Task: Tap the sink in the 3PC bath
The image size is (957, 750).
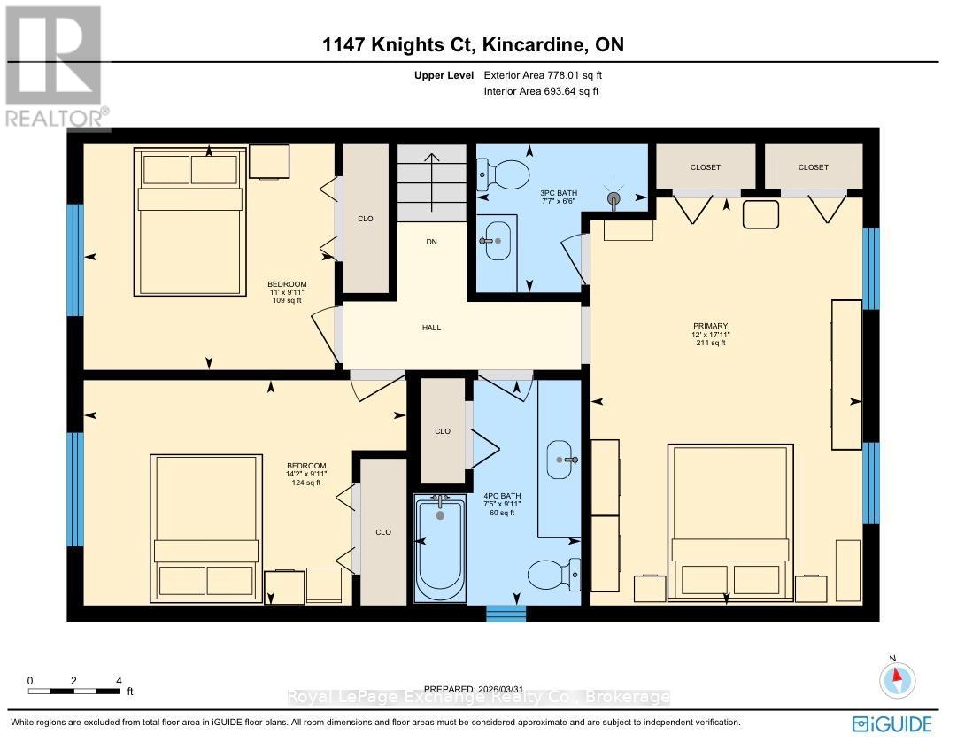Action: [498, 240]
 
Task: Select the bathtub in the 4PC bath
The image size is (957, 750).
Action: [440, 549]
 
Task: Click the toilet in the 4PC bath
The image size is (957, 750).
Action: [553, 576]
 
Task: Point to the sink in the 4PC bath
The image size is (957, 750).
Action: [561, 460]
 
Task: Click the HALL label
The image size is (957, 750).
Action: [431, 328]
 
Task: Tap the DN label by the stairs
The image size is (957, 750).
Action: [431, 242]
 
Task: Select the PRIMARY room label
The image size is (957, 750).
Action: [710, 327]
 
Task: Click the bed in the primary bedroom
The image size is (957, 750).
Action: [731, 522]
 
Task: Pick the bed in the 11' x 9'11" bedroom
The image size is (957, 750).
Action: [189, 221]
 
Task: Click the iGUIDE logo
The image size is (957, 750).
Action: [891, 724]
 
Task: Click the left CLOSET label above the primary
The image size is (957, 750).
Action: [706, 167]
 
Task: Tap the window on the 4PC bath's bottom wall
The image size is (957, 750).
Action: [506, 614]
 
